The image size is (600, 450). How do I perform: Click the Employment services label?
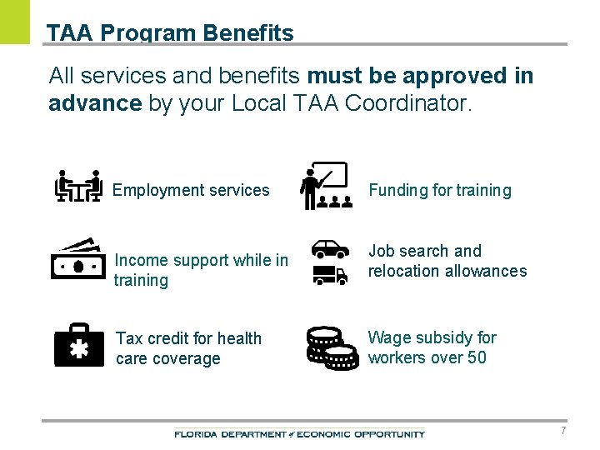tap(191, 190)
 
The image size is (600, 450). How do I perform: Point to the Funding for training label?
tap(440, 190)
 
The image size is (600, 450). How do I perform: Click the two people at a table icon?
tap(78, 187)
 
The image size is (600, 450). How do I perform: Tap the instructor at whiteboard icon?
tap(324, 186)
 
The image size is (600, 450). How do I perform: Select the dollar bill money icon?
tap(77, 260)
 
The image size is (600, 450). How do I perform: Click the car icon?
tap(330, 248)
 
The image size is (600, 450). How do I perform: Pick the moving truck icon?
tap(330, 275)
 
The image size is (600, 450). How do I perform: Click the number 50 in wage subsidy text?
tap(477, 358)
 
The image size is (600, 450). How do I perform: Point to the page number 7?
tap(563, 431)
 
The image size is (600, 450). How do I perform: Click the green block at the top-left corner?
tap(14, 22)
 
